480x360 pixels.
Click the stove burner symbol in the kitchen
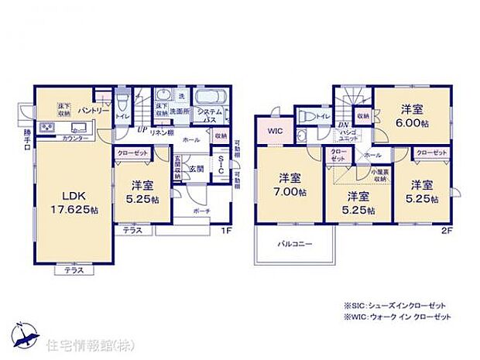[46, 127]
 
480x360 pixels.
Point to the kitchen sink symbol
[78, 127]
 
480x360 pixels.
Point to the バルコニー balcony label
[295, 244]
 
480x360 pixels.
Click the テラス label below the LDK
[74, 270]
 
